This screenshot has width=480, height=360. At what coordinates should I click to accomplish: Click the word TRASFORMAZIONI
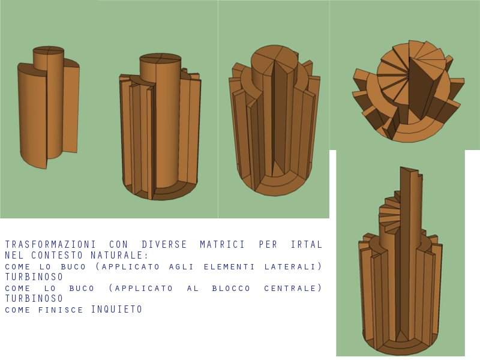[x=50, y=244]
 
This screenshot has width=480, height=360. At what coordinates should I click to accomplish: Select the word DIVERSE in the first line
[x=164, y=244]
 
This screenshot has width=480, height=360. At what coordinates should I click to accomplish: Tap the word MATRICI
[x=222, y=244]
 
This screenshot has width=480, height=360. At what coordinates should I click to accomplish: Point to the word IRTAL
[x=306, y=244]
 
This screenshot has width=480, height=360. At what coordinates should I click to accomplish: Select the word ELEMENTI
[x=229, y=266]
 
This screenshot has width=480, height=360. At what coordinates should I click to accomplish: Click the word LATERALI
[x=290, y=266]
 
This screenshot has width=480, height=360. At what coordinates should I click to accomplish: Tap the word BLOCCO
[x=231, y=289]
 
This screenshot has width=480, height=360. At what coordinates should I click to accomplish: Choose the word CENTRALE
[x=290, y=289]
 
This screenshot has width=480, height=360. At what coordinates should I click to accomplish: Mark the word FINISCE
[x=61, y=310]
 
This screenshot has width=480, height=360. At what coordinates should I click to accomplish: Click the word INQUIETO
[x=116, y=309]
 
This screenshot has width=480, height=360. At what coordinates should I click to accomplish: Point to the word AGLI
[x=182, y=266]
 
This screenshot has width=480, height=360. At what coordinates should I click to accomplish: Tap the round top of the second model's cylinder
[x=160, y=58]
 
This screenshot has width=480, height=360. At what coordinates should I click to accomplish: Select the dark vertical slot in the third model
[x=279, y=119]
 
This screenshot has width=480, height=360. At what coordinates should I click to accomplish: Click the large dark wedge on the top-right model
[x=422, y=89]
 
